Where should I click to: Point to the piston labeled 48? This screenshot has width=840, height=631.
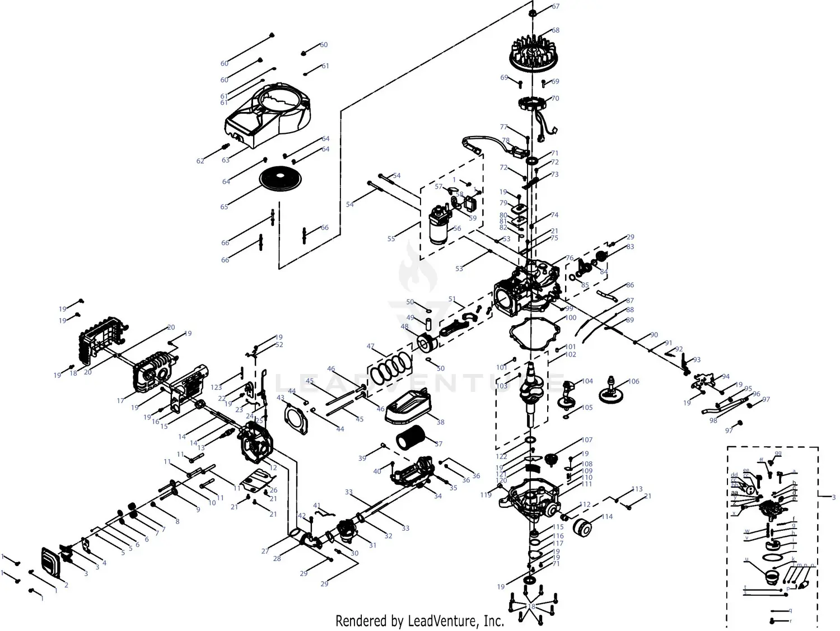[x=430, y=342]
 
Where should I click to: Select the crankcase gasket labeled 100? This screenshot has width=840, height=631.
[x=534, y=336]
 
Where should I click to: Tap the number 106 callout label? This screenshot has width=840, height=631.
[x=633, y=381]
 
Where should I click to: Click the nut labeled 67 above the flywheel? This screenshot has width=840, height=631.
[x=533, y=13]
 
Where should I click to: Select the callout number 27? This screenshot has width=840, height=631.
[x=265, y=551]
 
